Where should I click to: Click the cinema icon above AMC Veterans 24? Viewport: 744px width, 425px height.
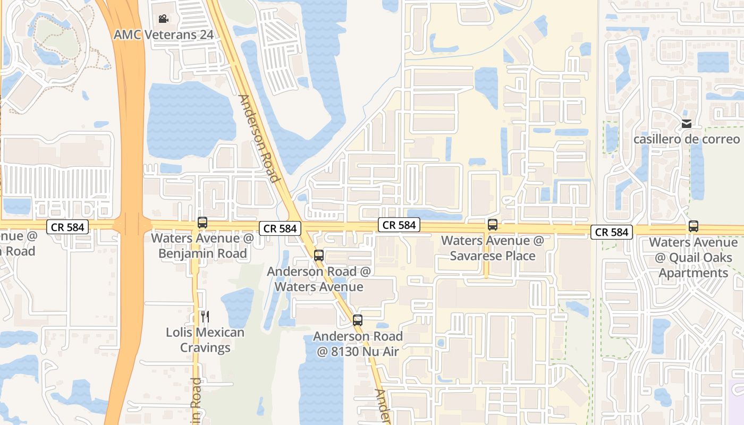163,19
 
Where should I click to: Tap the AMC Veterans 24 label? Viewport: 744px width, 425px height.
164,35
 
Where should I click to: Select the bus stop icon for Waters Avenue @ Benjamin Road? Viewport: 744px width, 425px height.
202,223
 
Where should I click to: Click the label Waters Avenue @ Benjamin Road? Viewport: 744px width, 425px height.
202,245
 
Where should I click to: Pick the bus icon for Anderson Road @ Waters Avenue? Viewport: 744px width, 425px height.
319,256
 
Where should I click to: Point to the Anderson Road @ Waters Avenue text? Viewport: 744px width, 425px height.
318,279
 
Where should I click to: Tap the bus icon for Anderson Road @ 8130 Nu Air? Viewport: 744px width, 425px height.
358,320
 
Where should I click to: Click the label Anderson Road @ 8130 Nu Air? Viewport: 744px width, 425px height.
358,344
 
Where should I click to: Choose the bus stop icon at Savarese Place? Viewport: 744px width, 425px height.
493,225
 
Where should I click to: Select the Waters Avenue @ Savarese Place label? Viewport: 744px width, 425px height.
493,248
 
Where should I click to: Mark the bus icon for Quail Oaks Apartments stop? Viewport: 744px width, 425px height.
694,226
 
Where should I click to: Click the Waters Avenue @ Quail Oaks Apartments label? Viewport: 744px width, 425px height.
694,258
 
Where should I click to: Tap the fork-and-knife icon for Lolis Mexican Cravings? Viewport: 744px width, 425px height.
205,317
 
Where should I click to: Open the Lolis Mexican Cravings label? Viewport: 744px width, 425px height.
205,340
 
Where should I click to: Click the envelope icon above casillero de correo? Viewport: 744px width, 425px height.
687,124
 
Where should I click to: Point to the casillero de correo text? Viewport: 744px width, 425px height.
687,139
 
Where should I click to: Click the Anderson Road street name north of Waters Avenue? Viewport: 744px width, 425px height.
259,138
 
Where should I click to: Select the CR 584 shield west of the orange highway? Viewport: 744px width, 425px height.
67,227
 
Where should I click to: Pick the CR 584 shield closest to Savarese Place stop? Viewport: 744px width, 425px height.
399,225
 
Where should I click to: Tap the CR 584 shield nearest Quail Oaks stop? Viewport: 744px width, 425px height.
612,232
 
